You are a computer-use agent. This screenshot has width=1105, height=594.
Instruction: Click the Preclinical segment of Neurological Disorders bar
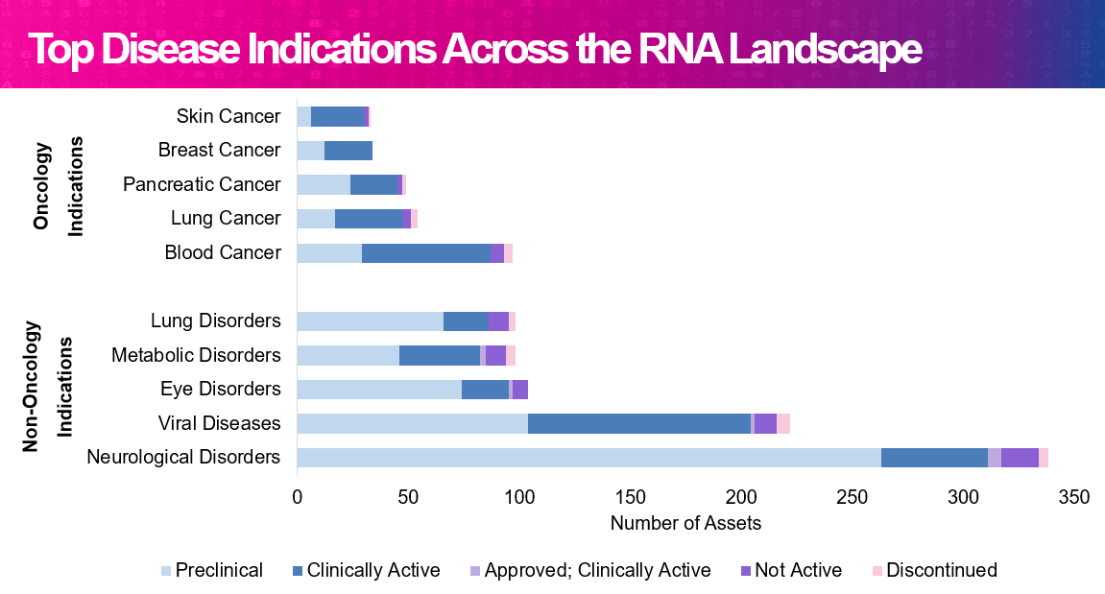[x=589, y=458]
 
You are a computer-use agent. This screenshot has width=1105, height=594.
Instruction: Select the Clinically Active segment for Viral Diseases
[x=639, y=423]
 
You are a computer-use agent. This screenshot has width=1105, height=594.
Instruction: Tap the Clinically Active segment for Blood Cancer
[x=425, y=253]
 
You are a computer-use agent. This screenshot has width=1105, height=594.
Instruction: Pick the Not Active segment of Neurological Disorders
[x=1020, y=458]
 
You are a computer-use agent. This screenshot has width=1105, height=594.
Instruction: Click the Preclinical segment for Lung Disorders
[x=371, y=321]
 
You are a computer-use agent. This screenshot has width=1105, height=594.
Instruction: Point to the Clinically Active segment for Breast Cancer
[x=348, y=151]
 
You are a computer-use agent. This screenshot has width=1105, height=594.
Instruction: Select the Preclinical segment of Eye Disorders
[x=380, y=390]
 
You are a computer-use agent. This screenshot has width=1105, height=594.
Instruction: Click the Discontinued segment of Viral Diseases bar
[x=783, y=423]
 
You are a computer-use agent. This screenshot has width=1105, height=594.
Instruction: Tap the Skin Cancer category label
[x=228, y=116]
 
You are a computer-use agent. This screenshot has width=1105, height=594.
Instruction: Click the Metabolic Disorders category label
[x=196, y=355]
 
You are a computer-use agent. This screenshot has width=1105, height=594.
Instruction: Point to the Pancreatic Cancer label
[x=202, y=184]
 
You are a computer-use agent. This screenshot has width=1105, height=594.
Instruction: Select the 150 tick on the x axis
[x=630, y=497]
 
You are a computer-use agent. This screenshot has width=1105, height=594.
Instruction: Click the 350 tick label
[x=1074, y=497]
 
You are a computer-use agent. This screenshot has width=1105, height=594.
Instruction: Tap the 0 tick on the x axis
[x=298, y=497]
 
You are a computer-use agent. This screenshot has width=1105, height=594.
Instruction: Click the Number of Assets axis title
[x=685, y=523]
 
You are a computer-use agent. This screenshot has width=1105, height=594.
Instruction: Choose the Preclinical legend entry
[x=212, y=570]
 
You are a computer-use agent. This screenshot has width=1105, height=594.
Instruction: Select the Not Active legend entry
[x=791, y=570]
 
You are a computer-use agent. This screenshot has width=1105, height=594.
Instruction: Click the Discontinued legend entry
[x=934, y=570]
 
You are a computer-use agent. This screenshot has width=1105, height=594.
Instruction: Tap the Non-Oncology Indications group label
[x=48, y=387]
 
